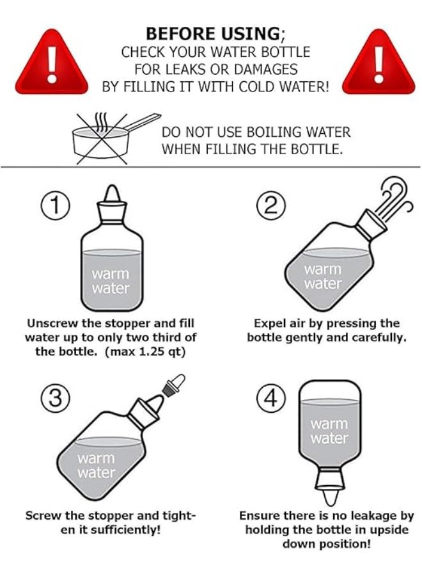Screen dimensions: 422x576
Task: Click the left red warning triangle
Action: pyautogui.click(x=51, y=64)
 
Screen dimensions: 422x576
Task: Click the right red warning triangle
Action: pyautogui.click(x=379, y=64)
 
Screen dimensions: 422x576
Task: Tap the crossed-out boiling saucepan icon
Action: pyautogui.click(x=110, y=138)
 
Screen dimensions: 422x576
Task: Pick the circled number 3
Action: pyautogui.click(x=55, y=399)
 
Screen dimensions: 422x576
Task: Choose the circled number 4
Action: pyautogui.click(x=271, y=399)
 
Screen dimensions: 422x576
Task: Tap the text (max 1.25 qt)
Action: pyautogui.click(x=145, y=352)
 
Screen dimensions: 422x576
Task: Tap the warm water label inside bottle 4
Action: pyautogui.click(x=329, y=431)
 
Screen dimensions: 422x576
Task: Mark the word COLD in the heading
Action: pyautogui.click(x=256, y=86)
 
